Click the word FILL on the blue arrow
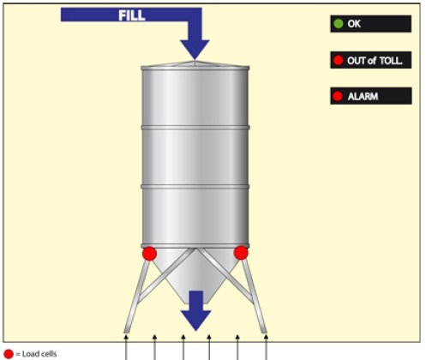click(132, 15)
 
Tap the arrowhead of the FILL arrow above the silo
click(195, 50)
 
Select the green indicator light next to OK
click(339, 24)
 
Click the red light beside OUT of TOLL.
click(339, 60)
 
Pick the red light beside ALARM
click(338, 96)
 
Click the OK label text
click(354, 24)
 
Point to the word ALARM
click(363, 96)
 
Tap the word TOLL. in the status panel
click(391, 60)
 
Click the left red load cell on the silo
click(149, 254)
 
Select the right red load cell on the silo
click(241, 253)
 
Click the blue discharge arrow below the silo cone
click(196, 310)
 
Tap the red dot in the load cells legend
click(9, 354)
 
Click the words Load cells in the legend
click(39, 354)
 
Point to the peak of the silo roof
click(195, 61)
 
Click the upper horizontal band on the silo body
click(195, 128)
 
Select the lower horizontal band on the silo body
click(195, 187)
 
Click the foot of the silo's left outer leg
click(127, 331)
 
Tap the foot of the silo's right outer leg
click(264, 331)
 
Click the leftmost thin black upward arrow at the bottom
click(126, 347)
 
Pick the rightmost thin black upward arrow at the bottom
click(266, 347)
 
